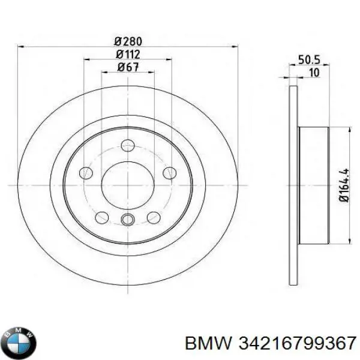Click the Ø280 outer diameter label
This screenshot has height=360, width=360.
point(128,41)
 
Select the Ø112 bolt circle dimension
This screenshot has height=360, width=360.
point(128,55)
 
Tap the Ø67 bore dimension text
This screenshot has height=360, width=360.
point(128,67)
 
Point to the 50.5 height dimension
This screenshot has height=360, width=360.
point(307,60)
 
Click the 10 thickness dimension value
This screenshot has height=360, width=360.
point(314,73)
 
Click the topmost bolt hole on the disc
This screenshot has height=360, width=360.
point(128,145)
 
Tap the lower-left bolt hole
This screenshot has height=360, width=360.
point(102,217)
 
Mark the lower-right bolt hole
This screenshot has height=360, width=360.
point(154,217)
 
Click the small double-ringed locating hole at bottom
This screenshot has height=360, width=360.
point(128,220)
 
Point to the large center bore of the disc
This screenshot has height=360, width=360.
point(128,185)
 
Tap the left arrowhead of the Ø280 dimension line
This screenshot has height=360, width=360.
point(22,47)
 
